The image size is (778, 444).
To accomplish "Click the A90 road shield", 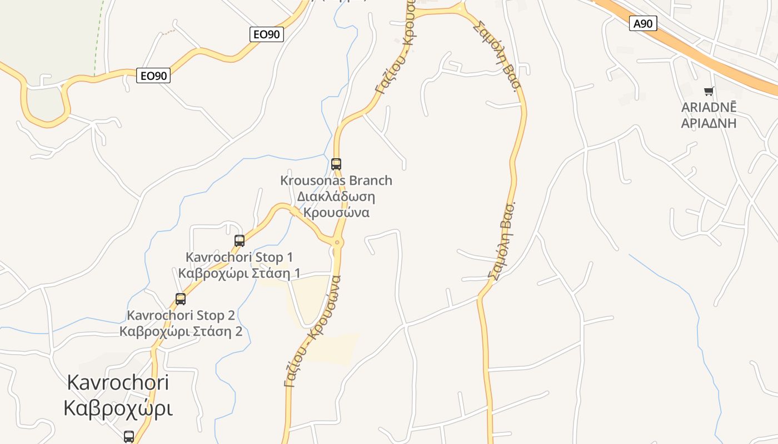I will (x=643, y=23).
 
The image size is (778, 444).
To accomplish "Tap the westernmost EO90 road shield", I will (x=153, y=75).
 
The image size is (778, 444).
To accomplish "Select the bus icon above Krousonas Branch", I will (x=336, y=164).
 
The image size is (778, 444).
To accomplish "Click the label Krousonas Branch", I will (x=336, y=180).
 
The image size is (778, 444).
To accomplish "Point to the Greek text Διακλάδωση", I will (x=336, y=196).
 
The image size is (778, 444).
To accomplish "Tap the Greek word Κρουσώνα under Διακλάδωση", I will (x=336, y=213).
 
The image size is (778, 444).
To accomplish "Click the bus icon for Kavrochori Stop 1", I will (x=240, y=240).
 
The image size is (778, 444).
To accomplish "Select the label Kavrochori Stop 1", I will (x=239, y=257).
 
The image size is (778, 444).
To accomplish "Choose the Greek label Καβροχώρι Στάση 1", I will (x=239, y=273).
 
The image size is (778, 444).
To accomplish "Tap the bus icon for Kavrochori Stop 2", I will (x=181, y=299).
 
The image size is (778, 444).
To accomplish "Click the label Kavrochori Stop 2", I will (x=181, y=315).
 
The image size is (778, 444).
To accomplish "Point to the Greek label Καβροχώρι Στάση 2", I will (x=181, y=331).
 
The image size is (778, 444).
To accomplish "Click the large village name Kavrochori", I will (x=118, y=382).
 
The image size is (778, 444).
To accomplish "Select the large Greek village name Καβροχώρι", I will (x=118, y=408).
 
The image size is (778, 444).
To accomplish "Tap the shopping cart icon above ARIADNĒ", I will (x=709, y=91).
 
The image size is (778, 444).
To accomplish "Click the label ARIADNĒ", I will (x=709, y=107).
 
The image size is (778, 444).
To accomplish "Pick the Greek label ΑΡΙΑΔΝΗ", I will (x=709, y=123).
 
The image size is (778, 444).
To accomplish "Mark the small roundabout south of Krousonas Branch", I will (x=337, y=243).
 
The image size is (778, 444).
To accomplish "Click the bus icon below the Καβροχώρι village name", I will (x=129, y=436).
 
